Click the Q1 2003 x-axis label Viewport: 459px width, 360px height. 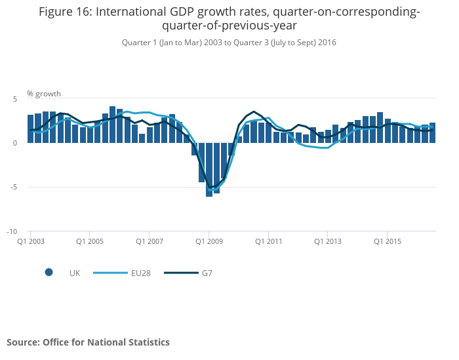tap(31, 241)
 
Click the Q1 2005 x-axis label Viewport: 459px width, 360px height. tap(90, 241)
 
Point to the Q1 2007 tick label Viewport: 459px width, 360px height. tap(150, 241)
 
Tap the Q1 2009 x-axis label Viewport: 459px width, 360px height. tap(209, 241)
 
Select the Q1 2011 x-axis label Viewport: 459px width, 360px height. tap(269, 241)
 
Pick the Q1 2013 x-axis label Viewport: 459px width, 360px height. tap(328, 241)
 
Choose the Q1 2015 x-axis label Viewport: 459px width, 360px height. tap(388, 241)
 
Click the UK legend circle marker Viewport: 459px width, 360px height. tap(49, 273)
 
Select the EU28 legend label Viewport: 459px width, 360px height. tap(140, 273)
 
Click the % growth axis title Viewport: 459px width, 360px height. tap(43, 94)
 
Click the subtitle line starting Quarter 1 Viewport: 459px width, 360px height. tap(229, 43)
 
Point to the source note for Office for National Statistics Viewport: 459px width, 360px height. tap(88, 342)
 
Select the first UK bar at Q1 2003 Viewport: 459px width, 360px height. tap(31, 129)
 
